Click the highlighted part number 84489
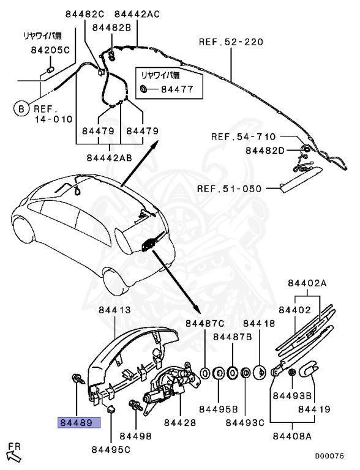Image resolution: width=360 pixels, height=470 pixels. (x=78, y=422)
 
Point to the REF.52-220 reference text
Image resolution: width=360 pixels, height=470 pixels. (x=231, y=42)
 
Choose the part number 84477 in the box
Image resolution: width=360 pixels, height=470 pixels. (x=177, y=90)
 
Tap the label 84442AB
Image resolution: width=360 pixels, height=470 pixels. (x=110, y=157)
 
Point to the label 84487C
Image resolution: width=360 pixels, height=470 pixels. (x=205, y=323)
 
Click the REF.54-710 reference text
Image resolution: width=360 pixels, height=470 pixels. (x=244, y=136)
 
